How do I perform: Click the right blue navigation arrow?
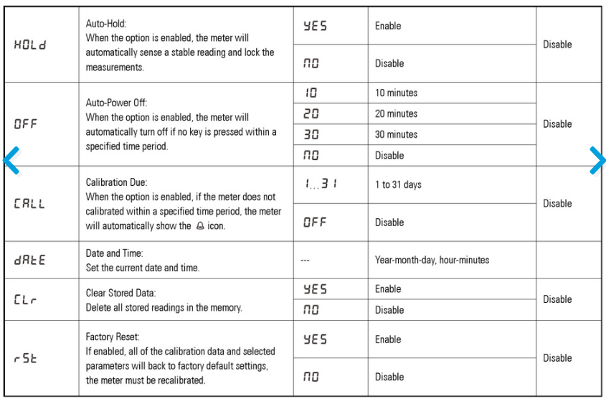597,161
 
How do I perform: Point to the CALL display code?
29,203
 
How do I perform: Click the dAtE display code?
29,260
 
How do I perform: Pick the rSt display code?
25,357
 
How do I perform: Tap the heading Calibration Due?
116,182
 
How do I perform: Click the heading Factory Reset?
113,336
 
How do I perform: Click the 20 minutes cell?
396,113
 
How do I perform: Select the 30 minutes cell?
396,134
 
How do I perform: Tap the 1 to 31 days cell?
398,184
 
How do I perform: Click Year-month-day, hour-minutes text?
432,260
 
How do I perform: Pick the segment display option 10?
311,93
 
